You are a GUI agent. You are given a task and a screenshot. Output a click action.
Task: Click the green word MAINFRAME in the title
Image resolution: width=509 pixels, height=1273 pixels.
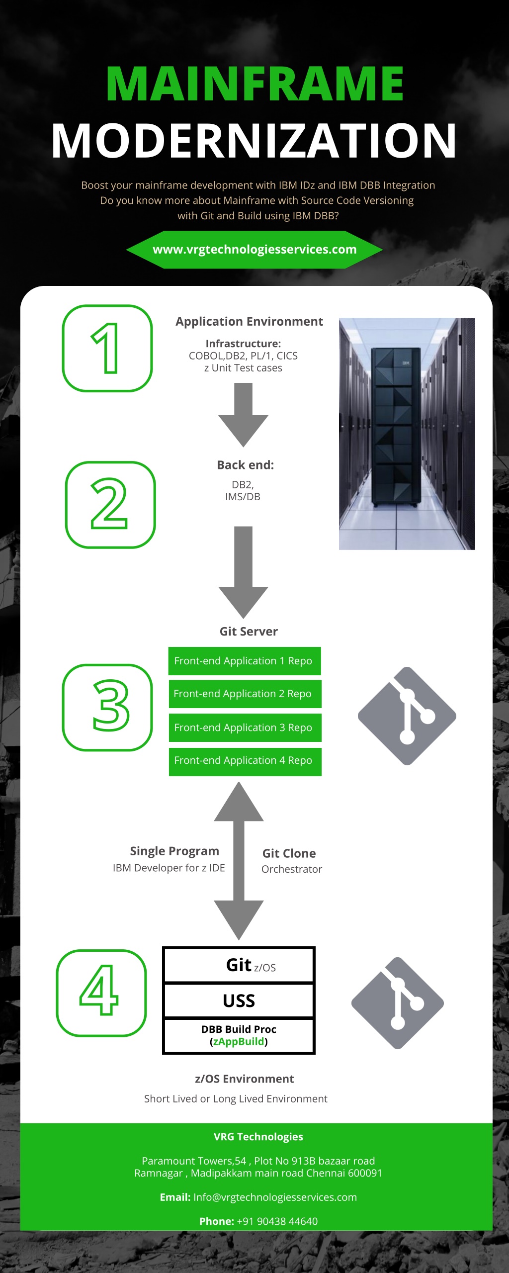coord(254,84)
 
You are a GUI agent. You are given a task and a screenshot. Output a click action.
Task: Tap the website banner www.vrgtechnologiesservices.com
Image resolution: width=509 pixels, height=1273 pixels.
coord(254,250)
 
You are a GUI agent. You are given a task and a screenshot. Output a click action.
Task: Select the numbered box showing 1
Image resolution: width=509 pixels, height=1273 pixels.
coord(107,348)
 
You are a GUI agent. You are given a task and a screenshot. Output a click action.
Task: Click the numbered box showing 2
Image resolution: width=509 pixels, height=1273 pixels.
coord(110,504)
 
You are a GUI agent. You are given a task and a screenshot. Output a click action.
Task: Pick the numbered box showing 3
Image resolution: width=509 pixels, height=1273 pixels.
coord(107,707)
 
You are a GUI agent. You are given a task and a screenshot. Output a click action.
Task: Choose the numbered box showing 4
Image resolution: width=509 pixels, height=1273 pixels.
coord(101,993)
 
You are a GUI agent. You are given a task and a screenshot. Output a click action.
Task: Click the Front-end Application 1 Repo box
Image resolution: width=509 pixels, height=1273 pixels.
coord(244,661)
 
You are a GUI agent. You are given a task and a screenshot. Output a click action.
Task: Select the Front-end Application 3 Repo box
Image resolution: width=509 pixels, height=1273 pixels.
coord(245,727)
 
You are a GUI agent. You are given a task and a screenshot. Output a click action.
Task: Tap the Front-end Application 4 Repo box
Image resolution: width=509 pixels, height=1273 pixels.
coord(245,761)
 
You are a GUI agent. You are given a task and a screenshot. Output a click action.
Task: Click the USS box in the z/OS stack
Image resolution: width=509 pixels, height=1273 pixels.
coord(239,1000)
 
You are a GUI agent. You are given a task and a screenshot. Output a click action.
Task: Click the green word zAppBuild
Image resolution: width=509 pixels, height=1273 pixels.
coord(239,1041)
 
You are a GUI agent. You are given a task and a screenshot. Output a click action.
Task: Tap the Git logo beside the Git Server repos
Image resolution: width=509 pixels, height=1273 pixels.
coord(407,716)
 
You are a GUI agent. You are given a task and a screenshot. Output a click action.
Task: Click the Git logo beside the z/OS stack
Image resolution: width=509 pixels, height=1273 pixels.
coord(398,1002)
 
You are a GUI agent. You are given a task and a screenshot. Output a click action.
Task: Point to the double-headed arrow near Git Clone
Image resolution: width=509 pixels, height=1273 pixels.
coord(239,861)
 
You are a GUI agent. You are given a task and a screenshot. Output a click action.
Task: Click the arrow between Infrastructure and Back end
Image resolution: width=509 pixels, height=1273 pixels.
coord(243,414)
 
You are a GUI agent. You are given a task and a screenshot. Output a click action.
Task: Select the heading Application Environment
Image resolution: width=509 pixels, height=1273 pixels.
coord(249,322)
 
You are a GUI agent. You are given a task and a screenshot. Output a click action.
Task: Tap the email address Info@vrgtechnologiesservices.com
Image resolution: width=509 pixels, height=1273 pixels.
coord(275,1197)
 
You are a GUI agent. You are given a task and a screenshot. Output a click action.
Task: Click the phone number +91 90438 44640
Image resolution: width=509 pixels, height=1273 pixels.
coord(277,1221)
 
